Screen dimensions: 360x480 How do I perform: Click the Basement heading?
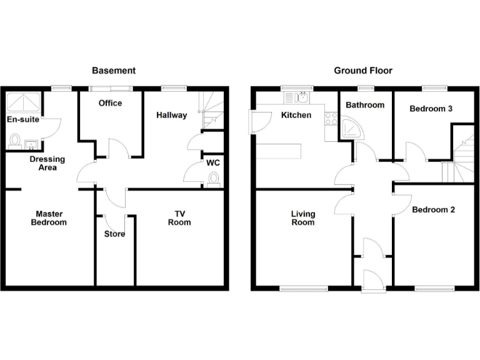click(113, 71)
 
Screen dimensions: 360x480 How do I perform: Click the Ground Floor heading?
click(363, 71)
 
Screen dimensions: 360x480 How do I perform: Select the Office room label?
click(110, 103)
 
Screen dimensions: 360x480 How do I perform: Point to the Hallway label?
click(171, 115)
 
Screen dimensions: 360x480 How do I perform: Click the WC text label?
click(212, 163)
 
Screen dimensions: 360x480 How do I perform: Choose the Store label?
click(114, 234)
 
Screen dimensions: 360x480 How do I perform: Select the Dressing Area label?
click(47, 163)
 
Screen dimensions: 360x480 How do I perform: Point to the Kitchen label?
click(296, 115)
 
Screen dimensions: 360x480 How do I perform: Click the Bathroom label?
click(365, 105)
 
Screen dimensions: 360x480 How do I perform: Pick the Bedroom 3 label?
click(431, 109)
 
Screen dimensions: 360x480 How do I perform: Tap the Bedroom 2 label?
click(434, 209)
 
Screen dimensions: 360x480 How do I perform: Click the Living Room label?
click(303, 217)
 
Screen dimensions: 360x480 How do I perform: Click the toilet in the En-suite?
click(14, 142)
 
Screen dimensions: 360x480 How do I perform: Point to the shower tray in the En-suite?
click(23, 101)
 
